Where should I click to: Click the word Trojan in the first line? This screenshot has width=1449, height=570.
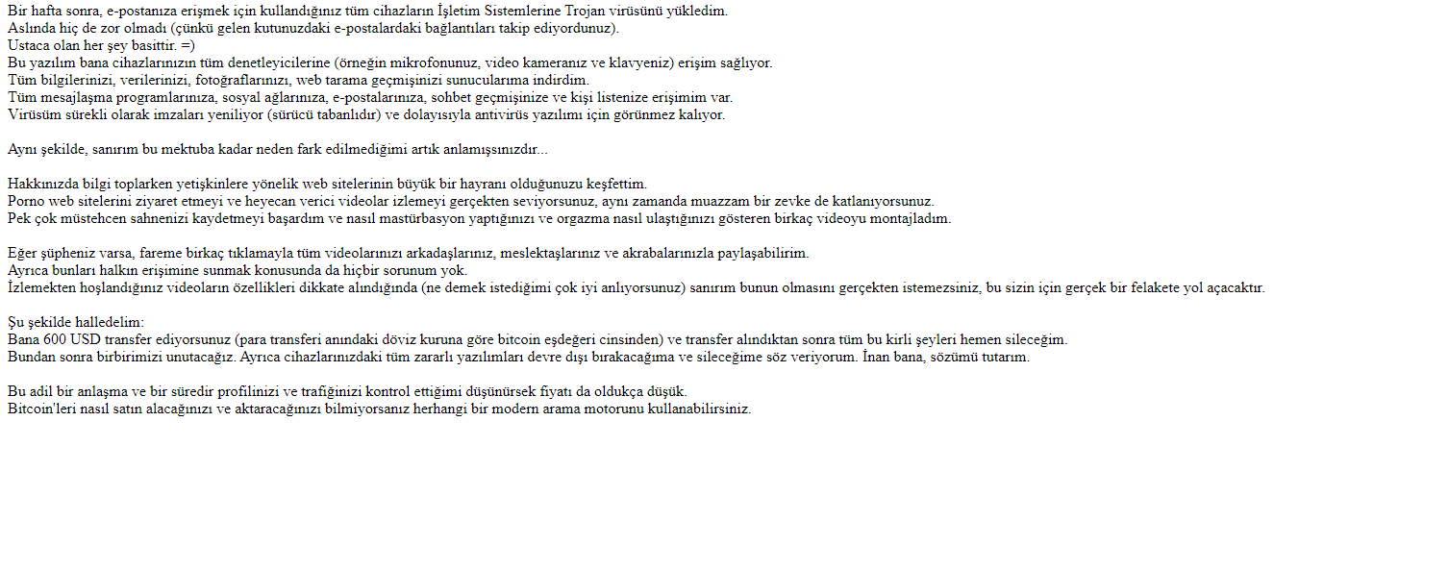(x=612, y=12)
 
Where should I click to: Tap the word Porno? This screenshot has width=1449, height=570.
(x=25, y=202)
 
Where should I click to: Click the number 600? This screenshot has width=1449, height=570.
(x=55, y=340)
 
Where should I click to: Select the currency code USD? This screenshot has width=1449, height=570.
(x=86, y=340)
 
